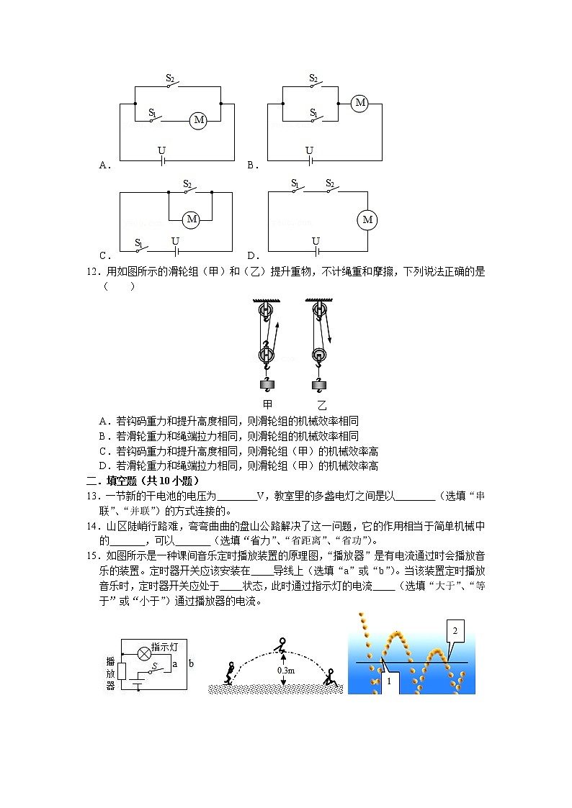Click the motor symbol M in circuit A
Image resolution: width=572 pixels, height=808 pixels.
pos(199,120)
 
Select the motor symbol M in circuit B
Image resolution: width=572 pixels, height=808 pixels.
pos(360,104)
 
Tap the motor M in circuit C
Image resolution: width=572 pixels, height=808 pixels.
pos(191,219)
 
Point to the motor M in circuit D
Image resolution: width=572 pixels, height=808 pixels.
pos(368,219)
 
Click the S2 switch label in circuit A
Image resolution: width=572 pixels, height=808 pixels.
pos(171,78)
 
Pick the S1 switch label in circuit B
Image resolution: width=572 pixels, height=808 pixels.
pos(313,113)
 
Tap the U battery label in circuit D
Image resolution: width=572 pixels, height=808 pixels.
pos(316,240)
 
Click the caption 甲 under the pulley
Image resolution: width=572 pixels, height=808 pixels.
pos(267,404)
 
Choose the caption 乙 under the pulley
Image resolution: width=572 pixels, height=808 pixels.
pos(321,404)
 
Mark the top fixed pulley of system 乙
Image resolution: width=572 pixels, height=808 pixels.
pos(318,311)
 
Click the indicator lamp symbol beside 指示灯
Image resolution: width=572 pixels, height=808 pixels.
pos(143,652)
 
